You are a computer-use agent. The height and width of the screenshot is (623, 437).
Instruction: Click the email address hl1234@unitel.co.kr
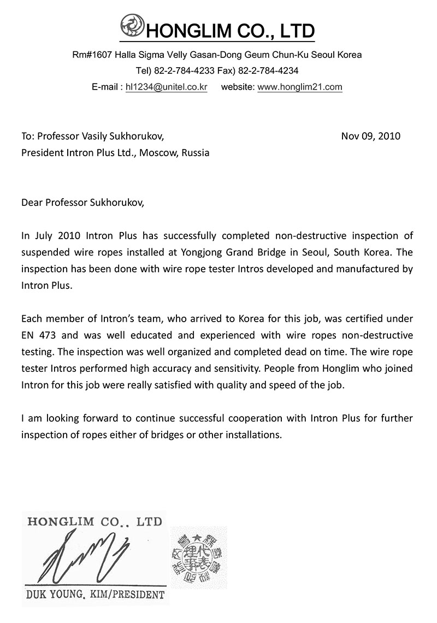(x=166, y=87)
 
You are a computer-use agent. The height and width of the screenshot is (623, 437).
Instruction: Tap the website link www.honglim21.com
(x=299, y=87)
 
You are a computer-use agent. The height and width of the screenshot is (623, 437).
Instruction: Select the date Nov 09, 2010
(x=370, y=136)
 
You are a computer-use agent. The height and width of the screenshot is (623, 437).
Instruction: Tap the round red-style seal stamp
(x=198, y=557)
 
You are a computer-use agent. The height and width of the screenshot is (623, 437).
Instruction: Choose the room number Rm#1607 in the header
(x=91, y=55)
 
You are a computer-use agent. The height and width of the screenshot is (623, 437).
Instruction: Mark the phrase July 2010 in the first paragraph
(x=52, y=236)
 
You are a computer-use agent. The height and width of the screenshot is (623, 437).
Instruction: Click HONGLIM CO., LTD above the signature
(x=95, y=522)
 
